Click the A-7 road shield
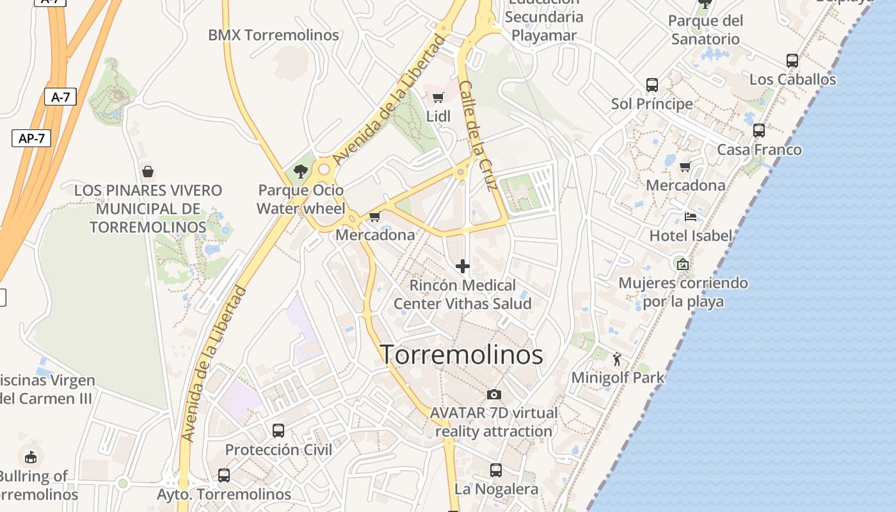(x=60, y=97)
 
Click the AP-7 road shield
(x=31, y=138)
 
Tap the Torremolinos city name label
(x=462, y=355)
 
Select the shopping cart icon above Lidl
(x=438, y=98)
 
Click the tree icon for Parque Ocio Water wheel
(x=300, y=172)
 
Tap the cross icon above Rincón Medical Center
(x=463, y=266)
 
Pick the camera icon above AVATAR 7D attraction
(x=493, y=394)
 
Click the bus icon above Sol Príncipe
(x=652, y=85)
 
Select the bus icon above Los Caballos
(x=792, y=61)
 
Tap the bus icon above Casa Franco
(x=758, y=131)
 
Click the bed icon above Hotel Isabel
(x=690, y=217)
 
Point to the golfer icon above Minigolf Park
(x=617, y=359)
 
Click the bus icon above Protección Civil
(x=278, y=431)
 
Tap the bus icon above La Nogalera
(x=496, y=470)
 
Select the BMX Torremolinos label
(x=273, y=35)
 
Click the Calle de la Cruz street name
(x=478, y=136)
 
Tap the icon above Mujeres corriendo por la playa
(x=683, y=264)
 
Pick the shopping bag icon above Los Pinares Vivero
(x=148, y=172)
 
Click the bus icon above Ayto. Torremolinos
(x=223, y=476)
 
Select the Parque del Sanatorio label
(x=705, y=30)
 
